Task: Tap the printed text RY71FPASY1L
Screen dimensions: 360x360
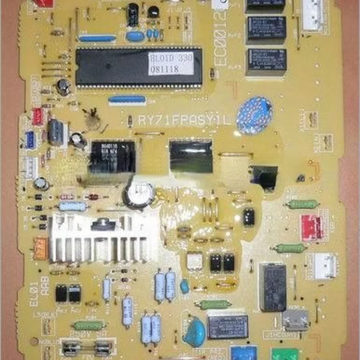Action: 184,121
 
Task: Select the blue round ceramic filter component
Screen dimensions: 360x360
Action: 255,116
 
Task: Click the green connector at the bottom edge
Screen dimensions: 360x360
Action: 284,353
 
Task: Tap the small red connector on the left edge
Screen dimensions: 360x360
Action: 38,116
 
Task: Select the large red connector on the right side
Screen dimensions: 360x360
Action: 311,227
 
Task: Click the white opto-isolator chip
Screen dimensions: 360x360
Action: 195,261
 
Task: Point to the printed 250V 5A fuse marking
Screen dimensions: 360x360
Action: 86,333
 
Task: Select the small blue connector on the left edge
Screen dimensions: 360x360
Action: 30,140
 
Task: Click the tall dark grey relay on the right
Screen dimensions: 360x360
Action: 273,287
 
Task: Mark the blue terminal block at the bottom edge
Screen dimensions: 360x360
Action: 243,352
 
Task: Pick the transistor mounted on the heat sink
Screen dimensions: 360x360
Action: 104,224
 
